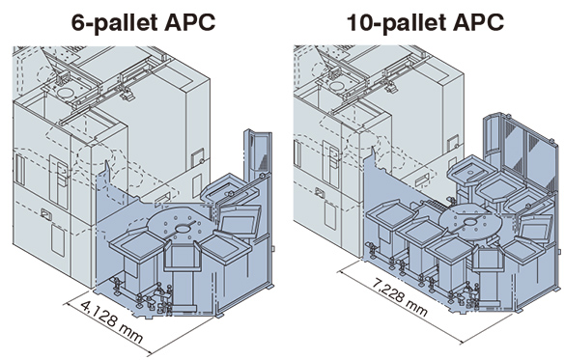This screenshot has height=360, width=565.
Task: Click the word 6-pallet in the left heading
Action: click(x=114, y=22)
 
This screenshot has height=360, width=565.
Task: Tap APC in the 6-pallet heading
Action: click(x=189, y=22)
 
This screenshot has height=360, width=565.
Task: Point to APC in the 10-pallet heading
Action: click(x=478, y=22)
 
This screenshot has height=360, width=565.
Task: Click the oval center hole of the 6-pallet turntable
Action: click(x=184, y=228)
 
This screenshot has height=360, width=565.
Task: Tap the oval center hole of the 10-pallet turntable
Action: click(x=470, y=222)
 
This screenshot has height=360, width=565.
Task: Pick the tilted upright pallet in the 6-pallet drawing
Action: click(x=240, y=221)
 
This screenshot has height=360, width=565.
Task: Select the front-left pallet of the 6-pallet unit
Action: click(x=137, y=245)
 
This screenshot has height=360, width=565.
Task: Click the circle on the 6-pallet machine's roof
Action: click(x=65, y=92)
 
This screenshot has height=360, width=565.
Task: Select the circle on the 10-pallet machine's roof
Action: click(x=337, y=86)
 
